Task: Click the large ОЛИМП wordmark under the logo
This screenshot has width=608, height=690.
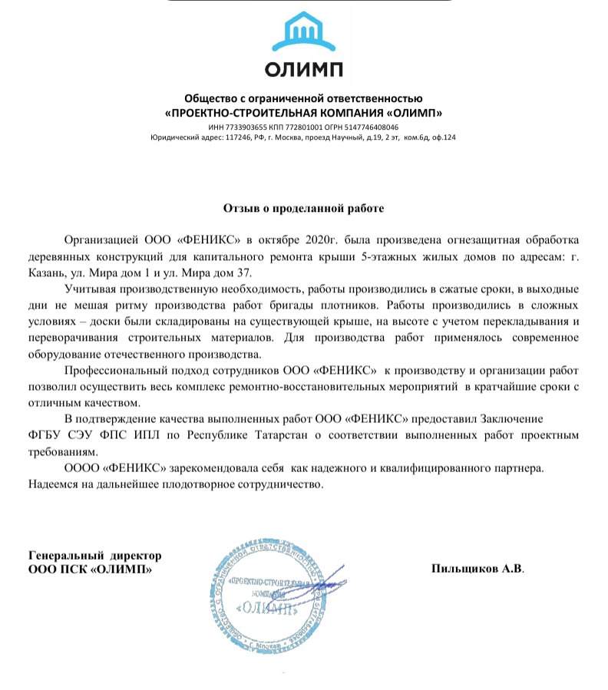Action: [x=303, y=70]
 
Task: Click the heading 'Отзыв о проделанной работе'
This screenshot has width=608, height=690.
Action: [x=303, y=208]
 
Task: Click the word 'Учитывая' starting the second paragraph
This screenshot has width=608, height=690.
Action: [x=91, y=290]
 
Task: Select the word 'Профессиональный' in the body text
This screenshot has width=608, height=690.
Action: [x=114, y=371]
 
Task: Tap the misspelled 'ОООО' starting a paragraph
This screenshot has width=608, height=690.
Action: [x=82, y=467]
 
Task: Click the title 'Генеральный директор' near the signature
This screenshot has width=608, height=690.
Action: [x=94, y=556]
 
